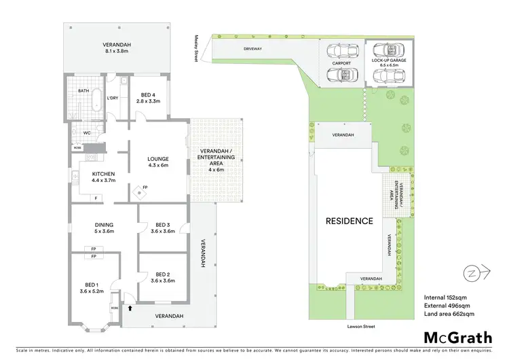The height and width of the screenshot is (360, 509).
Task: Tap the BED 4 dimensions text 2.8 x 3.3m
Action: [149, 101]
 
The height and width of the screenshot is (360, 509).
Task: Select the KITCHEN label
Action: [105, 175]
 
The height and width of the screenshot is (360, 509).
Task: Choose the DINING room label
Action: [105, 225]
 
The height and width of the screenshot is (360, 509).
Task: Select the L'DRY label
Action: [113, 98]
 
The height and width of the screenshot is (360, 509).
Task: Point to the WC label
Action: [87, 133]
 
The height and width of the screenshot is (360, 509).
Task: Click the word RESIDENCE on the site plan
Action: [349, 221]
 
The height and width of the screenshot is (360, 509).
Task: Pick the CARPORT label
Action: [341, 63]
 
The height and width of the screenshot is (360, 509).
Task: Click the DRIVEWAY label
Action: [253, 50]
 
